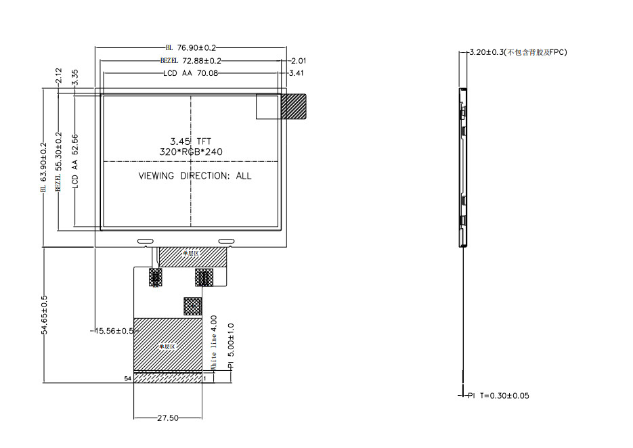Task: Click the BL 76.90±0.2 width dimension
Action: pyautogui.click(x=190, y=48)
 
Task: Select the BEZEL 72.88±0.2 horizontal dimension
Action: pyautogui.click(x=191, y=60)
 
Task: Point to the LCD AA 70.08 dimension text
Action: pyautogui.click(x=190, y=72)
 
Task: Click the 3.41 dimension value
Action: pyautogui.click(x=296, y=72)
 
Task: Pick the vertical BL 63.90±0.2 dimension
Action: pyautogui.click(x=44, y=166)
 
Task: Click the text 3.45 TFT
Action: pyautogui.click(x=190, y=141)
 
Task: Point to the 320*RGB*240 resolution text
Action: pyautogui.click(x=190, y=152)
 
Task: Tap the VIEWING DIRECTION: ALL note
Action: pyautogui.click(x=194, y=176)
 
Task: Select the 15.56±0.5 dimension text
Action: pyautogui.click(x=113, y=331)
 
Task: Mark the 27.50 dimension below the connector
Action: pyautogui.click(x=167, y=418)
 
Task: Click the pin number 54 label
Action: pyautogui.click(x=127, y=379)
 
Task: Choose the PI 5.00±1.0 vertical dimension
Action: pyautogui.click(x=231, y=345)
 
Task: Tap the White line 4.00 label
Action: pyautogui.click(x=215, y=342)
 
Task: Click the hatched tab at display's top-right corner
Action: pyautogui.click(x=293, y=106)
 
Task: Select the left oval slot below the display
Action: pyautogui.click(x=146, y=241)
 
